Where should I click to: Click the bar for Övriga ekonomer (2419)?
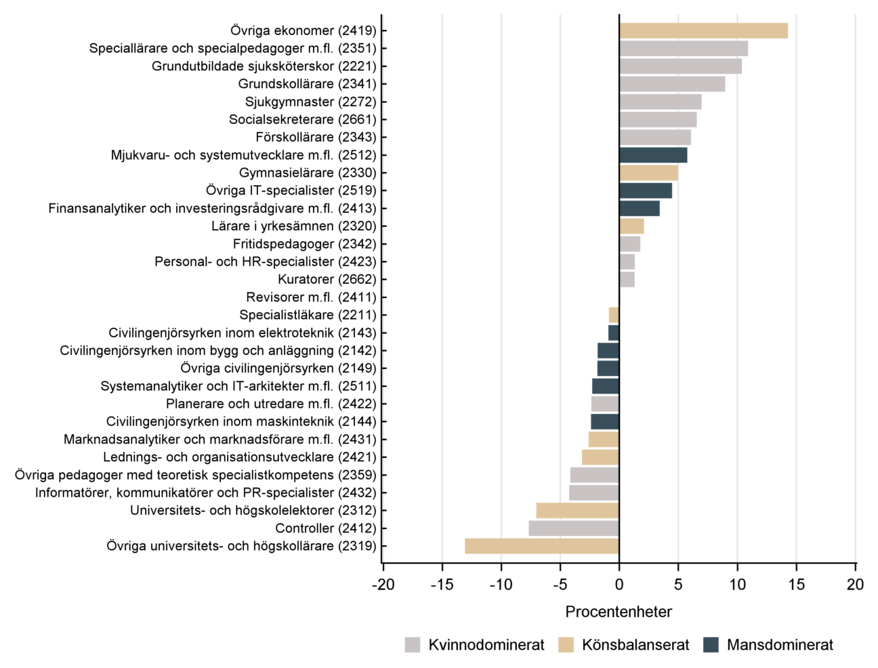703,30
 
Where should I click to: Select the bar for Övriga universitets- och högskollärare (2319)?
542,546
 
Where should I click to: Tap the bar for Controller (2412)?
574,528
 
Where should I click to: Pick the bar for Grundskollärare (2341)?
672,84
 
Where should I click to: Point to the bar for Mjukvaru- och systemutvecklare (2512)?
653,155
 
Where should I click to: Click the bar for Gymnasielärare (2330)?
648,173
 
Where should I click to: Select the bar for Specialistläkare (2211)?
614,315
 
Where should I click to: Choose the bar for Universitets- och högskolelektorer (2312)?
577,511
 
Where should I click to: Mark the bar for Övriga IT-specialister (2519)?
646,190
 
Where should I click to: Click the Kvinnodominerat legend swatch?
412,645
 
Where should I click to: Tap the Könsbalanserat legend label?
635,645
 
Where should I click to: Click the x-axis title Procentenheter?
619,612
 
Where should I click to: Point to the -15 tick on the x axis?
442,585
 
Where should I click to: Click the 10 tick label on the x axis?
737,585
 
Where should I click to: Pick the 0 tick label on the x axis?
619,585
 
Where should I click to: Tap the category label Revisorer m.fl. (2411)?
311,297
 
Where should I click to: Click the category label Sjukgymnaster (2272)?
310,102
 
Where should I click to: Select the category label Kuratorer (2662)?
327,279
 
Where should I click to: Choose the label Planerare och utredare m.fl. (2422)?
271,404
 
